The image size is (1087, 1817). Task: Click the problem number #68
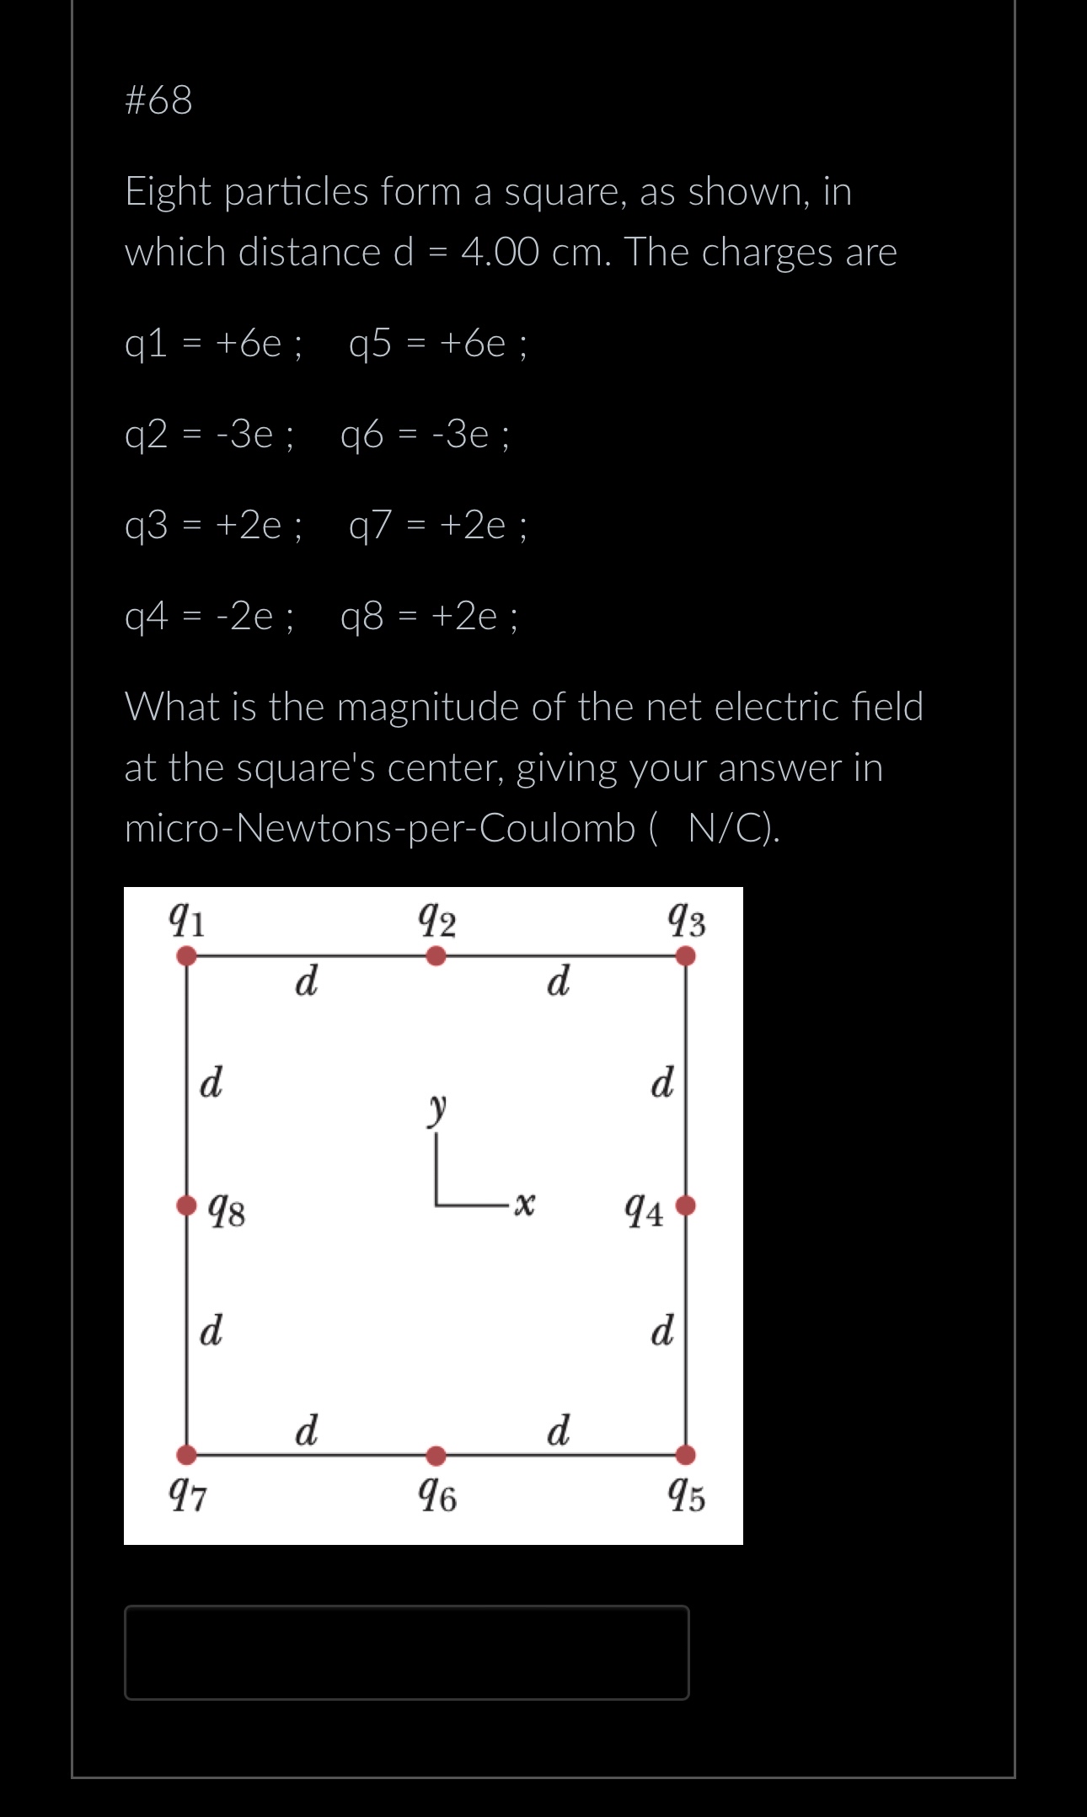coord(158,100)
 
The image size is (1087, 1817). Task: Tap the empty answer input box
coord(406,1652)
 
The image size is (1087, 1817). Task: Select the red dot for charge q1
coord(187,956)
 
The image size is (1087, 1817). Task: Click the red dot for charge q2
coord(436,956)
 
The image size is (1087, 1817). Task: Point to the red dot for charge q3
coord(686,956)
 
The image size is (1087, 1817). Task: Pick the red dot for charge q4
coord(686,1205)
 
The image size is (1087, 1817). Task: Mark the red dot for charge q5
coord(686,1455)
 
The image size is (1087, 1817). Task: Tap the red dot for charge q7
coord(187,1455)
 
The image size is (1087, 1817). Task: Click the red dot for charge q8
coord(187,1205)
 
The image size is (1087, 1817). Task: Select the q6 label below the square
coord(437,1496)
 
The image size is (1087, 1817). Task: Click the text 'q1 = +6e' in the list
coord(203,344)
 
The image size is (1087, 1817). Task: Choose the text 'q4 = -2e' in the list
coord(199,617)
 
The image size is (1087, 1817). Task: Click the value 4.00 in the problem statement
coord(500,252)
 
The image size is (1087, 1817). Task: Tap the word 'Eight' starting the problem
coord(168,192)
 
